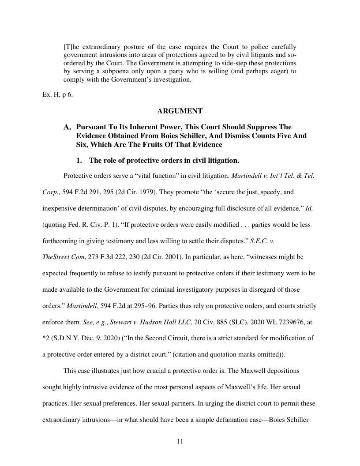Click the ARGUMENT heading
coord(180,111)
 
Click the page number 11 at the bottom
coord(180,441)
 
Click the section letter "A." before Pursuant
coord(68,128)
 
